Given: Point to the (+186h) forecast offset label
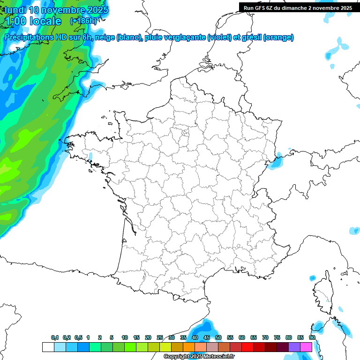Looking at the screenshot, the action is click(83, 21).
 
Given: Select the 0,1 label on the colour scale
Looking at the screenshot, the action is click(55, 337).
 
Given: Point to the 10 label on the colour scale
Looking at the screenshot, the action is click(124, 337).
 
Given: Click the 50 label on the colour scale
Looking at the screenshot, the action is click(218, 337).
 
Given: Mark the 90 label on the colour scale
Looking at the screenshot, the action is click(312, 337).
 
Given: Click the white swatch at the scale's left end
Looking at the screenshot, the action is click(48, 347).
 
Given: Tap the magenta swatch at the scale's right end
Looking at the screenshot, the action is click(306, 347).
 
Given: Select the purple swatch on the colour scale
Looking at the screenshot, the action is click(294, 347).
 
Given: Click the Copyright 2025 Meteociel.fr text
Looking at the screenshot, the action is click(199, 357).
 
